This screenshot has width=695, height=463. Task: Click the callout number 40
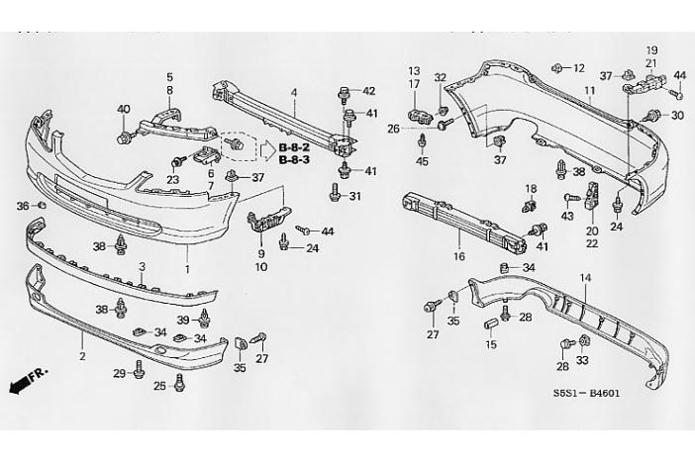click(124, 109)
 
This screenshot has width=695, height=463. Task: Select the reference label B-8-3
click(294, 158)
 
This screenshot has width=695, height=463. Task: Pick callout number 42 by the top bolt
click(369, 92)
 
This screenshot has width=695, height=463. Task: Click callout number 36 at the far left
click(23, 206)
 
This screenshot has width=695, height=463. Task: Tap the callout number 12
click(579, 68)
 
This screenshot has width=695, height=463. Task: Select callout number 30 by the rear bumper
click(677, 115)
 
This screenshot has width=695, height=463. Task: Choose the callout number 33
click(583, 360)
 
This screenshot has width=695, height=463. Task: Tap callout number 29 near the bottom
click(118, 374)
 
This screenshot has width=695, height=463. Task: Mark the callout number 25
click(159, 385)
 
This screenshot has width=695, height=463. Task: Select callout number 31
click(355, 196)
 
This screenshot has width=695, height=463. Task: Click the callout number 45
click(422, 161)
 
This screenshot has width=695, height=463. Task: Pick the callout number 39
click(183, 321)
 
